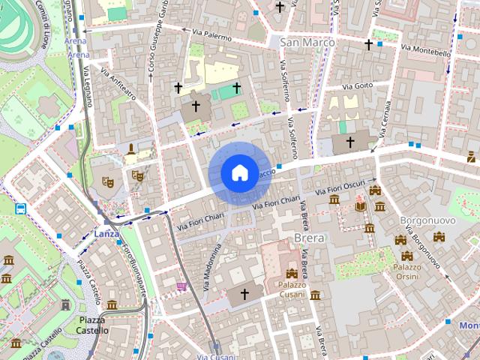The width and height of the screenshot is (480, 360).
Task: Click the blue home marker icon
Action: (x=238, y=173)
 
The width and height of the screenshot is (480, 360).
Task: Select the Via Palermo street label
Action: (x=211, y=33)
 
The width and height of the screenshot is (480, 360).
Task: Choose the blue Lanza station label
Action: (x=106, y=234)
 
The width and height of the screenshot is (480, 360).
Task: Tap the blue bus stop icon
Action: (x=20, y=208)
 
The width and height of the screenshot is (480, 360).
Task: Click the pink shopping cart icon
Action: (x=181, y=286)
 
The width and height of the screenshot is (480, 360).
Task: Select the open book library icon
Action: (x=361, y=205)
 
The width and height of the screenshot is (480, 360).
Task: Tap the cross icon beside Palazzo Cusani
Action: (x=244, y=295)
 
